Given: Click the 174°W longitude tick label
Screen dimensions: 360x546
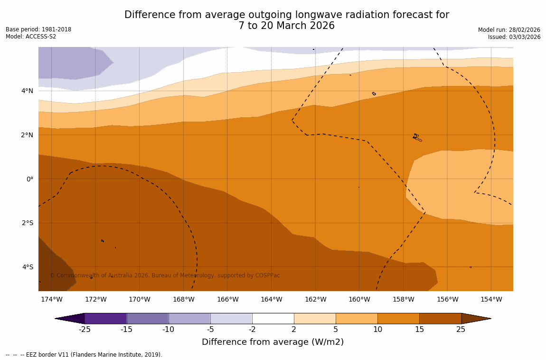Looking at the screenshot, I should pos(51,299).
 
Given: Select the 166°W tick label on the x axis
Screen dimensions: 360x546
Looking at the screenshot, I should pos(227,299).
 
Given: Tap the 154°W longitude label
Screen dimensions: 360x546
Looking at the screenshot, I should pos(491,299).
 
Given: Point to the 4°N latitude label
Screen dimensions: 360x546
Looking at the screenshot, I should pos(27,91).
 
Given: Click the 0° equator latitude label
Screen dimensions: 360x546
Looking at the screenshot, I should pos(29,179).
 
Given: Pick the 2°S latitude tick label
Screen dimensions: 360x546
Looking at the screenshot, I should pos(27,223).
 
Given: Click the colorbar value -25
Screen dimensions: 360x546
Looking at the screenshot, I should pos(85,330).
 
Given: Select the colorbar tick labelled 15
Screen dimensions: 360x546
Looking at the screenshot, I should pos(419,330).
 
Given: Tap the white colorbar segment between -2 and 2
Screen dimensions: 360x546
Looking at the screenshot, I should pos(273,319).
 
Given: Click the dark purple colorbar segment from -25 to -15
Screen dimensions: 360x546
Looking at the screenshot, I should pos(105,319).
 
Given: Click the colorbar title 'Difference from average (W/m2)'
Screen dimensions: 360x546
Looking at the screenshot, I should pos(273,342).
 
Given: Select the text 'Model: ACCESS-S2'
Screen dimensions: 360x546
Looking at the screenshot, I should pos(31,37).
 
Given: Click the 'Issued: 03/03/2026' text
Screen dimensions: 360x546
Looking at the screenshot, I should pos(514,37).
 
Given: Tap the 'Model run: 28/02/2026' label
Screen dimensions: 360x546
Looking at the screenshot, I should pos(509,30).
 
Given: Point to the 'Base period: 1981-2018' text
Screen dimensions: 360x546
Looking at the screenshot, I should pos(38,29).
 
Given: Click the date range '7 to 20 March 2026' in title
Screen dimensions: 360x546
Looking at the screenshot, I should pos(286,26).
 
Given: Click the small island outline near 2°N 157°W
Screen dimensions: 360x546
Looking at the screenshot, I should pos(417,137).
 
